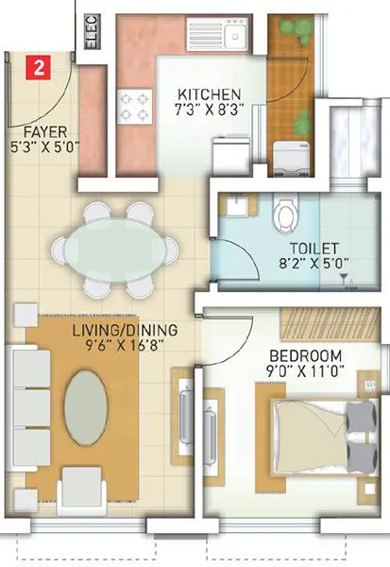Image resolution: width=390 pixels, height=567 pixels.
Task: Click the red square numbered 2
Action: tap(37, 67)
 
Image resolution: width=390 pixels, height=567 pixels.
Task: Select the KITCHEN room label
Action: tap(209, 94)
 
